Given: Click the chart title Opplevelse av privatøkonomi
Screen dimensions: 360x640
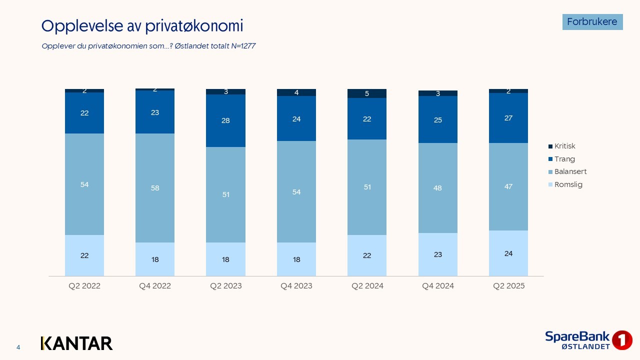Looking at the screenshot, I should click(142, 26).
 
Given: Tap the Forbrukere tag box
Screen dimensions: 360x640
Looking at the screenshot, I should click(592, 22).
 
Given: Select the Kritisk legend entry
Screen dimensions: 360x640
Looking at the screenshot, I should click(564, 146).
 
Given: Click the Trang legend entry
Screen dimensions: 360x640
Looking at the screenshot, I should click(564, 159).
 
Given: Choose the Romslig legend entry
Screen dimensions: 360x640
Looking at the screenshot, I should click(568, 184).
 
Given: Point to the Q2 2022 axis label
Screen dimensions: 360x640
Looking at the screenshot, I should click(84, 286).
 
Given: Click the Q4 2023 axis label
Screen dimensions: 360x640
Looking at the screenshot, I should click(296, 286).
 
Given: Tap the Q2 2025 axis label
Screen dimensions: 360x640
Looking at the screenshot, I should click(508, 286).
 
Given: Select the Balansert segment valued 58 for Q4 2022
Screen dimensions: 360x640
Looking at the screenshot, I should click(155, 188).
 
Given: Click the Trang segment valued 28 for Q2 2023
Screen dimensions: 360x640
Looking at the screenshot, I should click(225, 120).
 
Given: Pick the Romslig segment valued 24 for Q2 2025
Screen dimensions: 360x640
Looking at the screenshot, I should click(508, 253).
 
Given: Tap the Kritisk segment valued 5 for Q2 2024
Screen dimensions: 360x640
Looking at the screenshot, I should click(367, 93).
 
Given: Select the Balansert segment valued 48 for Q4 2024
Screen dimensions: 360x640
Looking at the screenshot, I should click(437, 188).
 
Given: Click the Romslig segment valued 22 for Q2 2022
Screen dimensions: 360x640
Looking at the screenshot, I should click(84, 255).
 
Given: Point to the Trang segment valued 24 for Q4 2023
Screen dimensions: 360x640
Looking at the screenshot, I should click(296, 119).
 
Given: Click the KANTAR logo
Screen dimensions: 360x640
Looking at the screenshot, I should click(76, 343).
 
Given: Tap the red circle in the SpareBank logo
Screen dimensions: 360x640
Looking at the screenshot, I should click(622, 340).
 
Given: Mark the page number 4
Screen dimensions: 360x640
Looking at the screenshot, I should click(18, 347).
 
